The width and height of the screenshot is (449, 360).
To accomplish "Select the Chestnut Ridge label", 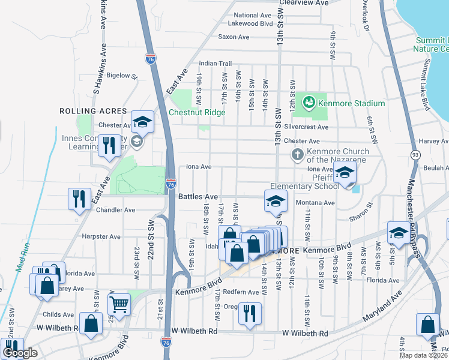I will pyautogui.click(x=197, y=112).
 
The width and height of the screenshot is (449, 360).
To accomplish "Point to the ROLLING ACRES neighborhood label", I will pyautogui.click(x=93, y=111).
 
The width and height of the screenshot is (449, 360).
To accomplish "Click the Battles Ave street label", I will pyautogui.click(x=198, y=196).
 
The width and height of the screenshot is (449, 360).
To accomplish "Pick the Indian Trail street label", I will pyautogui.click(x=215, y=63).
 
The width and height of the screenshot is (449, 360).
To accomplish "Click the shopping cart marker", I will pyautogui.click(x=119, y=304).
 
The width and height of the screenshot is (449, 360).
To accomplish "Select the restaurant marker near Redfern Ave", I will pyautogui.click(x=249, y=313).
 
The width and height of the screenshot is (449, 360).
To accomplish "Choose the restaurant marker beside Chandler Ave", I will pyautogui.click(x=79, y=199).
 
